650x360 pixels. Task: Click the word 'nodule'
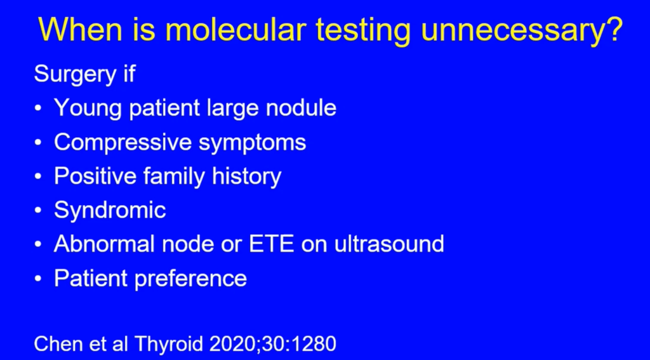tap(301, 108)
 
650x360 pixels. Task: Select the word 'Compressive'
tap(123, 143)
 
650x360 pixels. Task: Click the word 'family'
tap(174, 177)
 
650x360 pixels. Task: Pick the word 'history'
tap(247, 177)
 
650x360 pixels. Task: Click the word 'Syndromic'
tap(110, 211)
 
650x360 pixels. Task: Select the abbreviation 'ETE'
tap(270, 244)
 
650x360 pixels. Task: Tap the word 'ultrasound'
tap(389, 244)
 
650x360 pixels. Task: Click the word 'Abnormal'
tap(104, 244)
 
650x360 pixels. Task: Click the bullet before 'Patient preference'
tap(38, 279)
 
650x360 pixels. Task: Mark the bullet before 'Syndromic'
tap(38, 211)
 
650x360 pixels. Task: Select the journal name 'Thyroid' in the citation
tap(169, 345)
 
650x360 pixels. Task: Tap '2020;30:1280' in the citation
tap(273, 344)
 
